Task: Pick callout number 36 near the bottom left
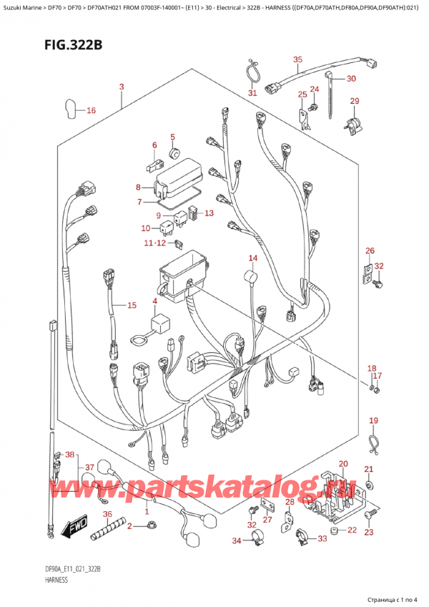tap(107, 514)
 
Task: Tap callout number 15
tap(132, 306)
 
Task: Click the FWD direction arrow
tap(74, 530)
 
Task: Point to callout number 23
tap(369, 532)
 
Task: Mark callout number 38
tap(69, 455)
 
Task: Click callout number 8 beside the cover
tap(139, 188)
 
